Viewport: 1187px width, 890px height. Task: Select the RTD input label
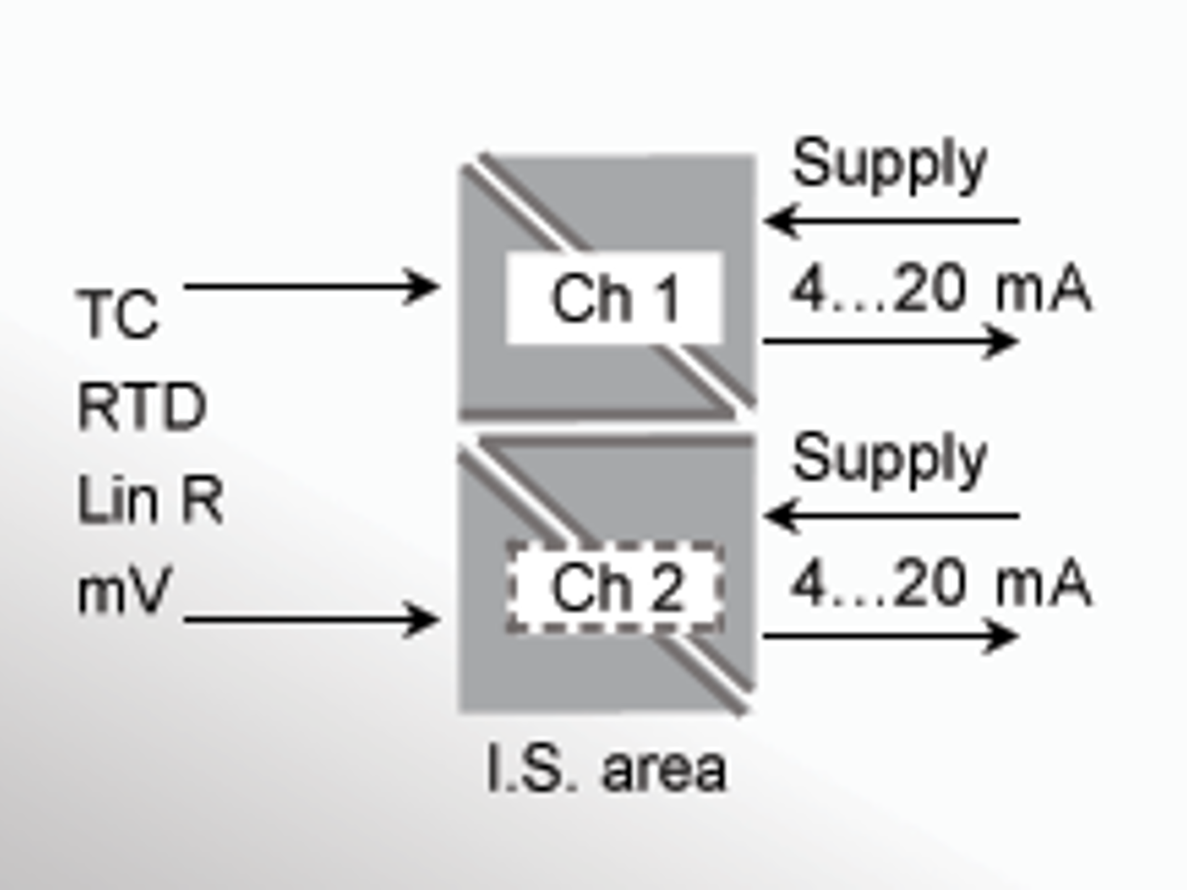click(142, 406)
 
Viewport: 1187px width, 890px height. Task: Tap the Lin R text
click(150, 499)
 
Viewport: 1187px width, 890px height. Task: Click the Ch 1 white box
click(615, 299)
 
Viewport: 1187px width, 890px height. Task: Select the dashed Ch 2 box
click(615, 588)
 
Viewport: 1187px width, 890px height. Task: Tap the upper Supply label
click(889, 164)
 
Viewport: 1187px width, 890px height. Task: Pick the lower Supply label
click(889, 459)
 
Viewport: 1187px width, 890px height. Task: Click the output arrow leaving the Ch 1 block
click(890, 341)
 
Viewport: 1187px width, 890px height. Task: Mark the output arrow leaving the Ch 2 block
click(890, 635)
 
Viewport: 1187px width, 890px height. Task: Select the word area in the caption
click(664, 771)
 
